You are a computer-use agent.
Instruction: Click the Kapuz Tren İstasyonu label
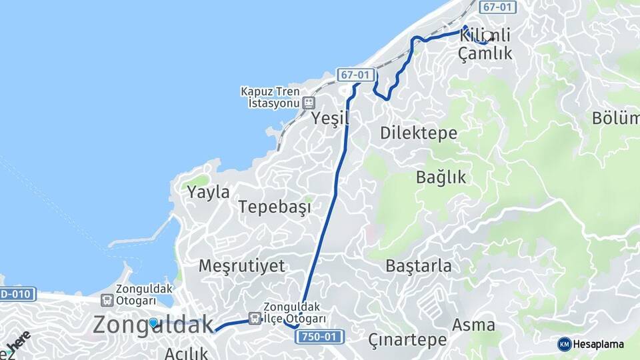pyautogui.click(x=272, y=97)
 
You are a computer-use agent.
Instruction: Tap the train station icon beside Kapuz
pyautogui.click(x=308, y=103)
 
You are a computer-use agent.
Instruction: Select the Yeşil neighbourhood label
pyautogui.click(x=330, y=119)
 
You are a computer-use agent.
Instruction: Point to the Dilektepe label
pyautogui.click(x=419, y=133)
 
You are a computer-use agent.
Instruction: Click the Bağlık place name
pyautogui.click(x=441, y=177)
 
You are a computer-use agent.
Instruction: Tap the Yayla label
pyautogui.click(x=208, y=193)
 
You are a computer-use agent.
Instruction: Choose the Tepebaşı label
pyautogui.click(x=275, y=207)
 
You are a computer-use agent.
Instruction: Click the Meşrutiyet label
pyautogui.click(x=241, y=266)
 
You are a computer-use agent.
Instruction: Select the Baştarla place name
pyautogui.click(x=418, y=266)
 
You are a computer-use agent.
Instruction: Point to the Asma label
pyautogui.click(x=473, y=325)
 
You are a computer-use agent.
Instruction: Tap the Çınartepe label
pyautogui.click(x=407, y=339)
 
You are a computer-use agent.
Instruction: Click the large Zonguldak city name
pyautogui.click(x=153, y=325)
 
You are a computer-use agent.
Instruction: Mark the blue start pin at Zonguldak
pyautogui.click(x=153, y=323)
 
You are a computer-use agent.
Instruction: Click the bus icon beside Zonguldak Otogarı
pyautogui.click(x=106, y=301)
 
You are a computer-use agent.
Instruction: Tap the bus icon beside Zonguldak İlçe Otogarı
pyautogui.click(x=255, y=319)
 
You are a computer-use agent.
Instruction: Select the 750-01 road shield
pyautogui.click(x=319, y=337)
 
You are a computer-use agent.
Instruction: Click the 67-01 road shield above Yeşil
pyautogui.click(x=354, y=75)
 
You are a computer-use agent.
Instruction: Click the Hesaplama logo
pyautogui.click(x=591, y=344)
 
